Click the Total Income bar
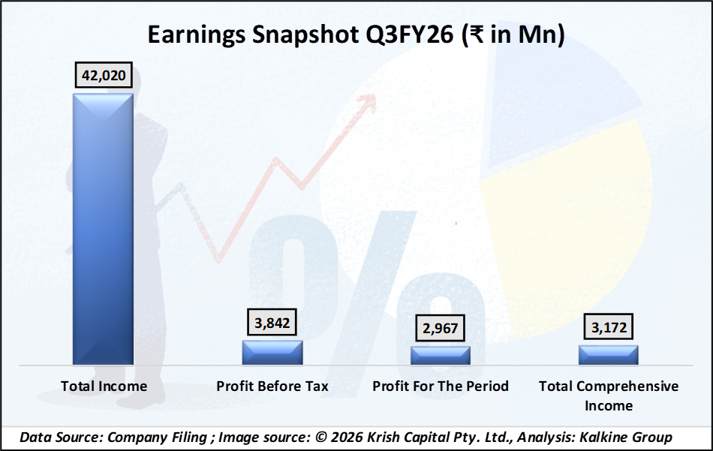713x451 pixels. pos(103,229)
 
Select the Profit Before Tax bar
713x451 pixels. pos(272,353)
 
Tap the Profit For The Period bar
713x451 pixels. pos(441,355)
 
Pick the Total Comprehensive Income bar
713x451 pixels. pos(609,355)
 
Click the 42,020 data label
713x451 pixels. pos(104,75)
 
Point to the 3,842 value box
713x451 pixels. pos(272,323)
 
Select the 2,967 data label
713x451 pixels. pos(440,328)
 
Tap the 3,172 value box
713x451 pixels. pos(609,327)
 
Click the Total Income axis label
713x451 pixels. pos(104,386)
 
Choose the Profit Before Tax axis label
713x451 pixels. pos(272,386)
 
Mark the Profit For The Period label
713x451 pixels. pos(441,386)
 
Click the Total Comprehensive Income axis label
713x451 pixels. pos(609,395)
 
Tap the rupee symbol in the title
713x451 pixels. pos(474,35)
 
